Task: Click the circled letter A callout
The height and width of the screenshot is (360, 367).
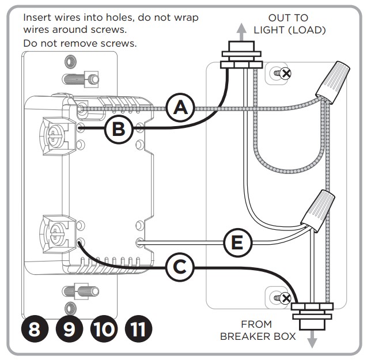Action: coord(180,107)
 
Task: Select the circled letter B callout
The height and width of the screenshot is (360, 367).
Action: coord(118,129)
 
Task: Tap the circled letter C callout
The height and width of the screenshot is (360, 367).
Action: coord(180,267)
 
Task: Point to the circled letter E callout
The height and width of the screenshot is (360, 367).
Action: coord(237,243)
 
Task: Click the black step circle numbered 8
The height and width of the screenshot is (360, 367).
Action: coord(34,329)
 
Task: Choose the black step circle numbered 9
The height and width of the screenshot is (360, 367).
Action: coord(69,329)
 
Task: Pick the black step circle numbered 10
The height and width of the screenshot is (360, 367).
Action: coord(104,329)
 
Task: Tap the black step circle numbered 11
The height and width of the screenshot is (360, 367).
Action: coord(138,329)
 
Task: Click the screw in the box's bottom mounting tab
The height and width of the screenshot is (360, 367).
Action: coord(282,298)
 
